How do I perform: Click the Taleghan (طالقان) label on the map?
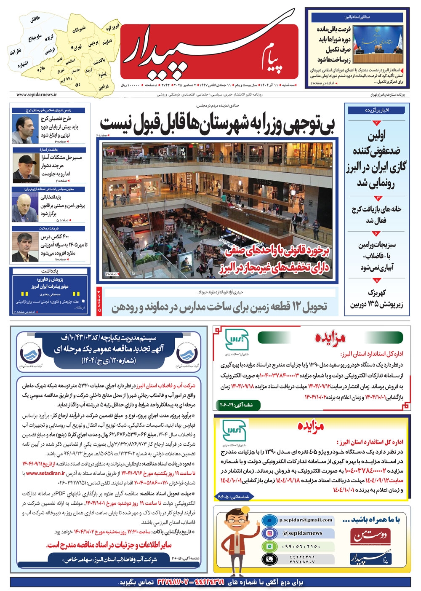(35, 19)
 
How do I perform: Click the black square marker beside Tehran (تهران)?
(72, 47)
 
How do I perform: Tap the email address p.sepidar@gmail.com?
(306, 520)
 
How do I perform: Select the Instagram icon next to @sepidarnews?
(268, 533)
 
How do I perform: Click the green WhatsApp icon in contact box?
(268, 546)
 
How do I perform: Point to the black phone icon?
(268, 559)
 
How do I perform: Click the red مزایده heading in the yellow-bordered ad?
(311, 426)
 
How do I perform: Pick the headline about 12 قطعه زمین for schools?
(219, 307)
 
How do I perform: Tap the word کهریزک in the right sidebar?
(377, 292)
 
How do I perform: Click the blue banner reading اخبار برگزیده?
(377, 110)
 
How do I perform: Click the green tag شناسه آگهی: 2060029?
(237, 405)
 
